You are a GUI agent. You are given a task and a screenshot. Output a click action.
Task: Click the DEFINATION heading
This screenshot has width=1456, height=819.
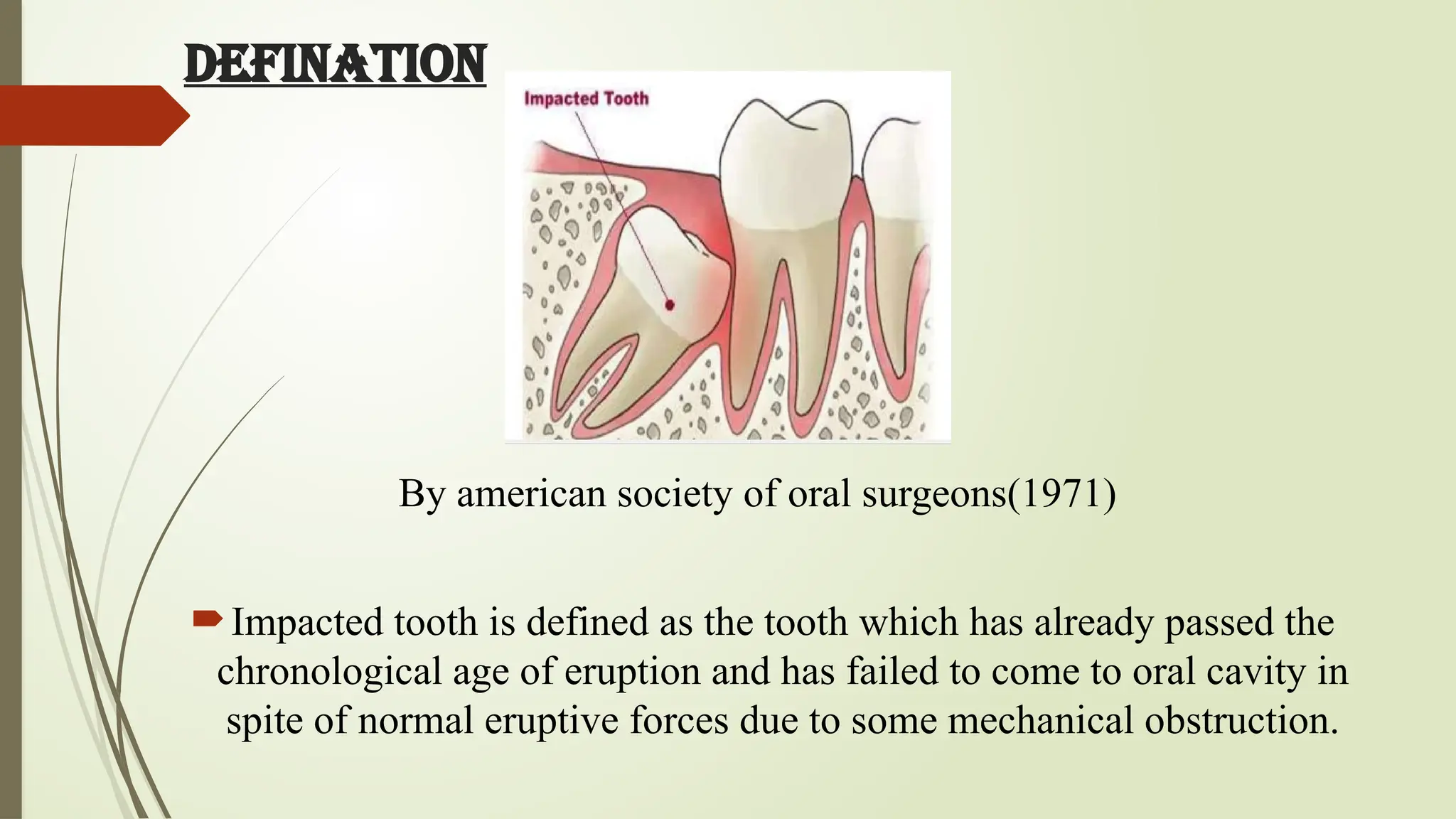[335, 65]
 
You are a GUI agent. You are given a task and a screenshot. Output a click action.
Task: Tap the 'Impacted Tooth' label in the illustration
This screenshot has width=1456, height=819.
[587, 98]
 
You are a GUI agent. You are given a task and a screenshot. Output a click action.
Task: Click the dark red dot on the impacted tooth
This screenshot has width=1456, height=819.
[670, 305]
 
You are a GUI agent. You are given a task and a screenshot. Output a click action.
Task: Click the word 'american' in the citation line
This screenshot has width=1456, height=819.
[531, 493]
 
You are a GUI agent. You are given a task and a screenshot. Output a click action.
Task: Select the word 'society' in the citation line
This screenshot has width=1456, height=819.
[674, 495]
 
